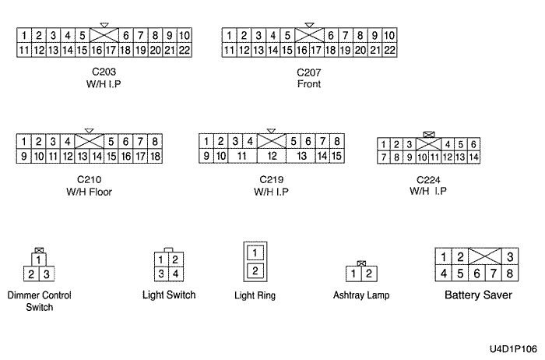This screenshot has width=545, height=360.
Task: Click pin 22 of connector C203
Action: coord(185,50)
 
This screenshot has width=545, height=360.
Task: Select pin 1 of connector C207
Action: coord(229,35)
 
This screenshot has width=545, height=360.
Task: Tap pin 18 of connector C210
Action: coord(155,156)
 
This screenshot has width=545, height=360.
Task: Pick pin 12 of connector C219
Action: coord(272,156)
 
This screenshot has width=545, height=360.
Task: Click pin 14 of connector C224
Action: coord(473,157)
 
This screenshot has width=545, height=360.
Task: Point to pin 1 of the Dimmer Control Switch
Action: coord(39,259)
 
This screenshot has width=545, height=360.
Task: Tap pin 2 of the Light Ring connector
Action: coord(255,270)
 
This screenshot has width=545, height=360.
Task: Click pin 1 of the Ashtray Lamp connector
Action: coord(353,274)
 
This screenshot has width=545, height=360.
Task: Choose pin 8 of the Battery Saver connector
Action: coord(509,274)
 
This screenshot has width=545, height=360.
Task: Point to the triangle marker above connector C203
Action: coord(104,25)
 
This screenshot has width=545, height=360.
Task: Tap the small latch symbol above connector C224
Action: coord(427,135)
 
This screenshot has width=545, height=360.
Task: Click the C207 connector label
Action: coord(309,72)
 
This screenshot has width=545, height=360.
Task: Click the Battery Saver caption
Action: coord(478,296)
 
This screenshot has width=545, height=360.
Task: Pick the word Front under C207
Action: coord(309,83)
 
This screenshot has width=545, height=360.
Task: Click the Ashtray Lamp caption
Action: coord(360,296)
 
